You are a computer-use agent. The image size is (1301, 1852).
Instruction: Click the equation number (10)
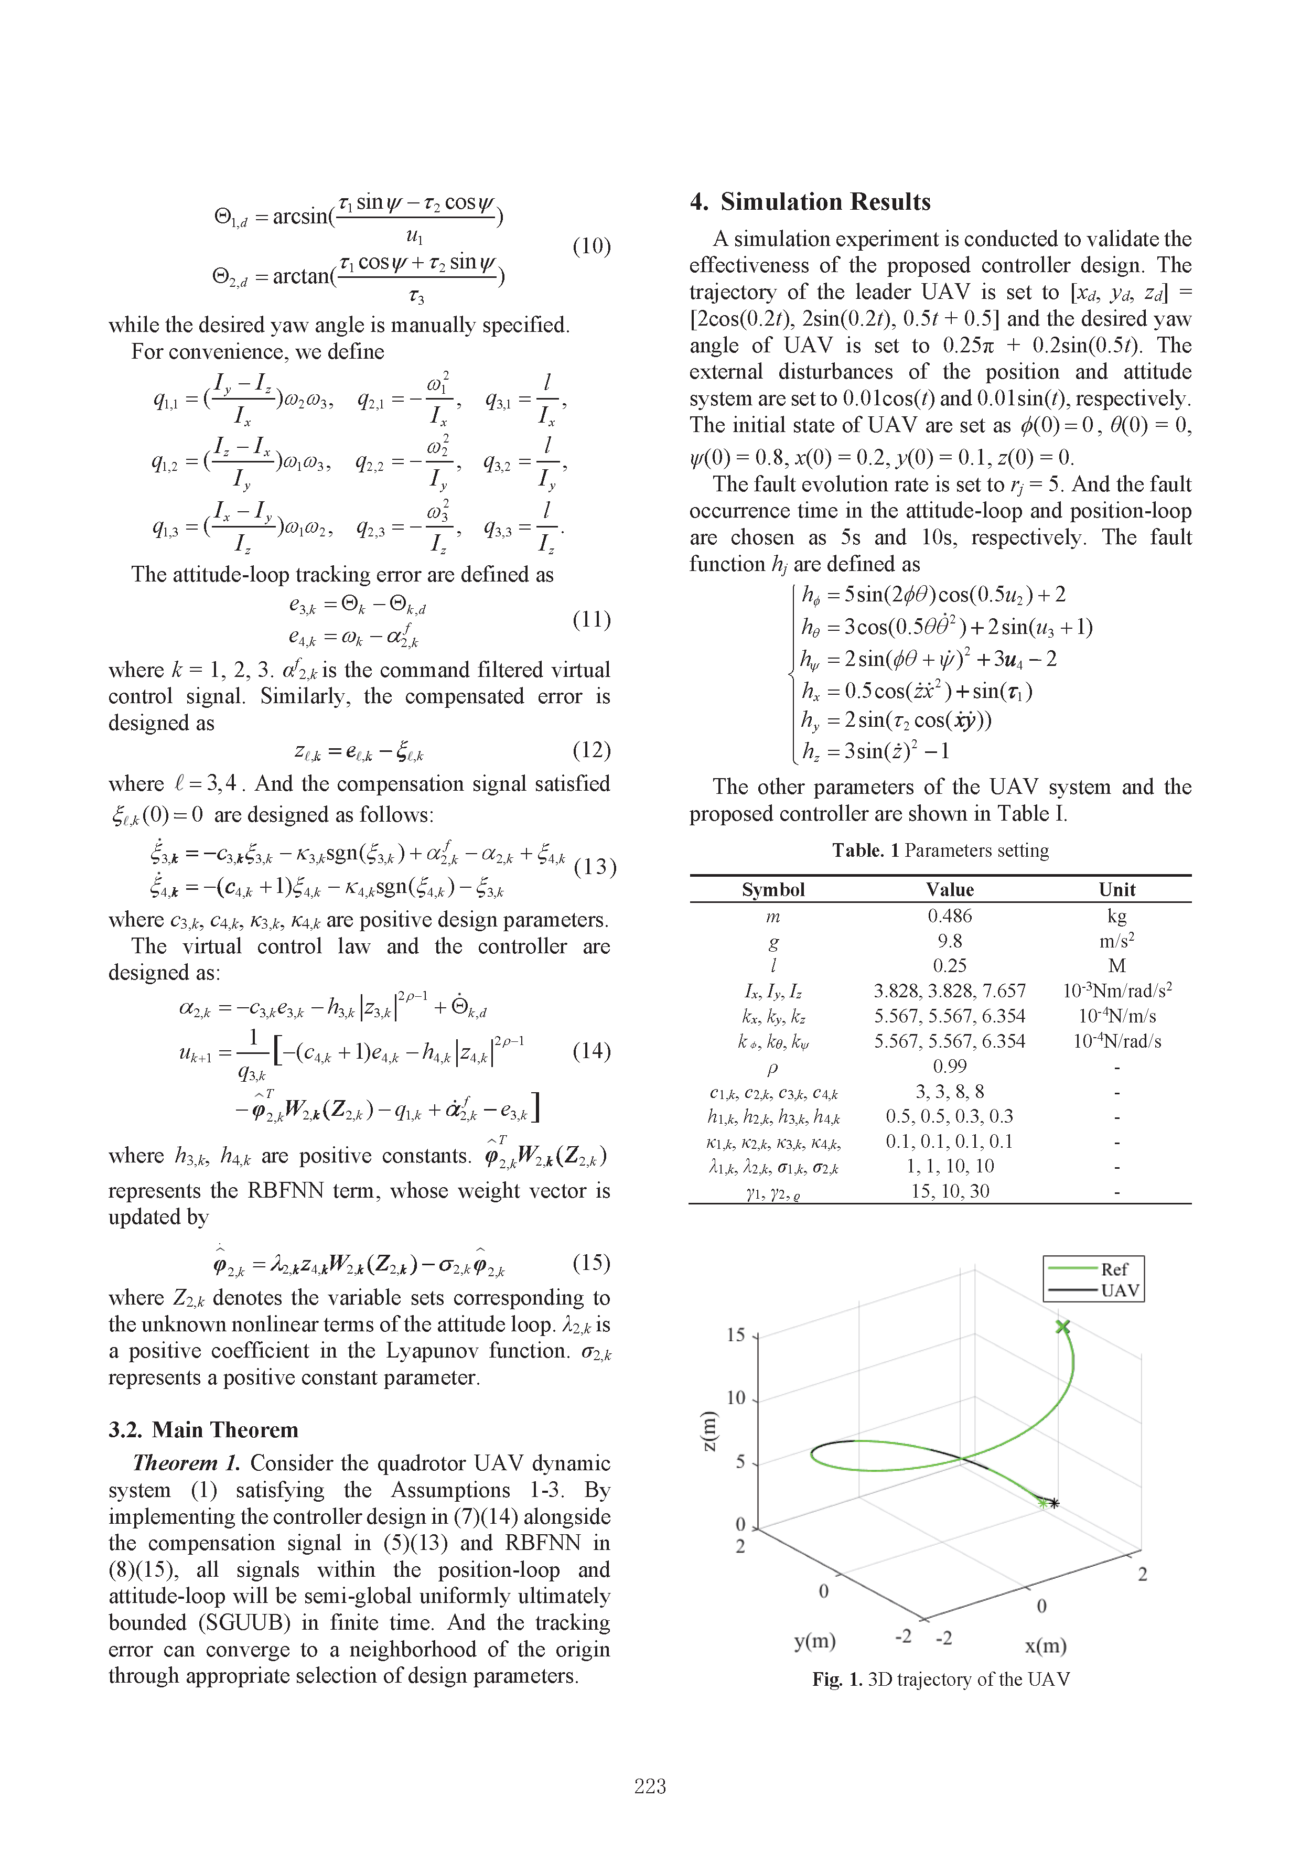[591, 246]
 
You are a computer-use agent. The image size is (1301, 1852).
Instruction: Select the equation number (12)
[591, 750]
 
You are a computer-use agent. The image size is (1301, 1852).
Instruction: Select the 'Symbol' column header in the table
[773, 890]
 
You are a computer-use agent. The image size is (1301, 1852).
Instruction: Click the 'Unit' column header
[1116, 890]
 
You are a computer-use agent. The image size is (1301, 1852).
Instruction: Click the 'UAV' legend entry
[1120, 1290]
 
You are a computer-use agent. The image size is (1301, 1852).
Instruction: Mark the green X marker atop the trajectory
[1063, 1327]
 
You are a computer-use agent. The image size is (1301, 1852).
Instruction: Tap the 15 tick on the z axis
[736, 1335]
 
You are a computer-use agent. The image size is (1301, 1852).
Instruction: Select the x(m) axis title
[1045, 1645]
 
